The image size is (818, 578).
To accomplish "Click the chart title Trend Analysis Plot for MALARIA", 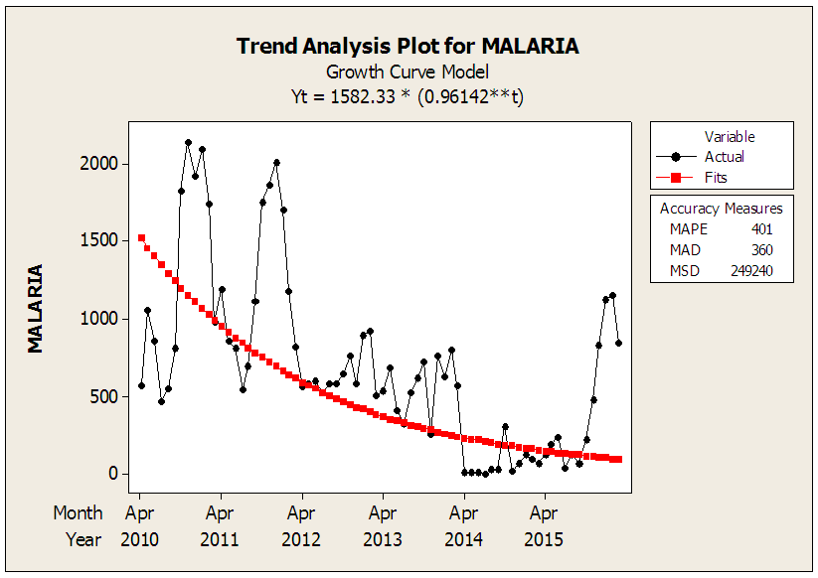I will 408,46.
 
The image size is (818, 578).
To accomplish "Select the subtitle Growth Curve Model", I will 408,72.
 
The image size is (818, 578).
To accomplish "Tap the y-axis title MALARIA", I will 36,308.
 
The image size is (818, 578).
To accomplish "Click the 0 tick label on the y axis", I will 113,474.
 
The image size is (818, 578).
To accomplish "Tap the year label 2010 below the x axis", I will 139,539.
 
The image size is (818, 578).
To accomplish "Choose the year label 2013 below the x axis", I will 383,539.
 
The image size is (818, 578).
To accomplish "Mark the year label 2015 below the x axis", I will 544,539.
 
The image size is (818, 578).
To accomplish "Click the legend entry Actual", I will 724,156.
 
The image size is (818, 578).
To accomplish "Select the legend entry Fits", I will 716,177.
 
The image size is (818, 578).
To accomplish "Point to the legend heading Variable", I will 730,136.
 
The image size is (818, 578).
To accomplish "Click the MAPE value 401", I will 761,228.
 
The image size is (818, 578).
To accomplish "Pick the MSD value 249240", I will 751,270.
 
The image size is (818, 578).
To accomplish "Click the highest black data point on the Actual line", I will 188,142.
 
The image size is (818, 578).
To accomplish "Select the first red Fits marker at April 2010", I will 141,237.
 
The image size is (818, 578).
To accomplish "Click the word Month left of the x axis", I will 78,513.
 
